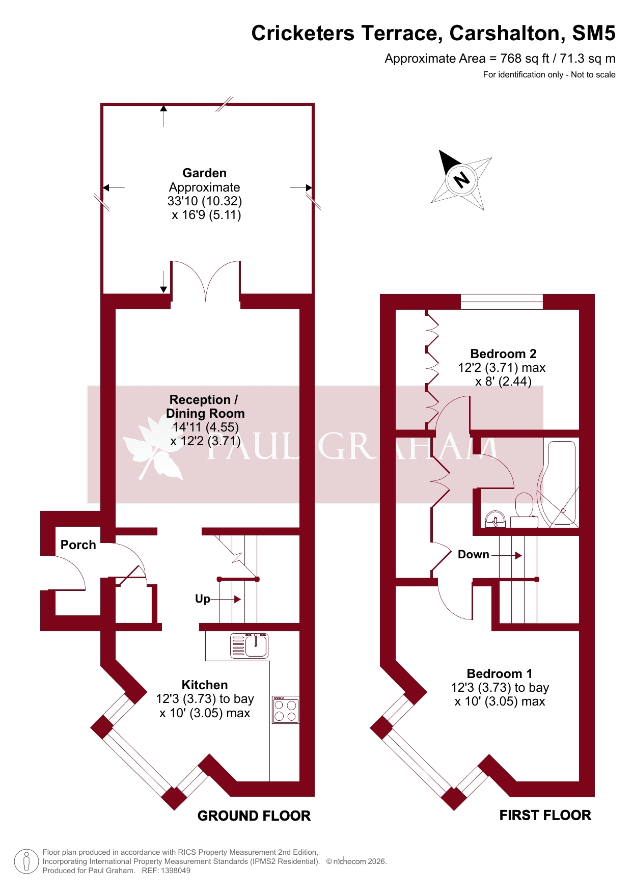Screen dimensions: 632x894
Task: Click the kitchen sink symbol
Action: click(x=250, y=645)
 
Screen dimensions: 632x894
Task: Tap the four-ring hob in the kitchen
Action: click(x=286, y=710)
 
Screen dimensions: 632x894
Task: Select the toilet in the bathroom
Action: click(x=524, y=509)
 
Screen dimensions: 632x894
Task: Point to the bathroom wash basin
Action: click(x=495, y=519)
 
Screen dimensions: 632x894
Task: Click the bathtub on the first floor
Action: click(x=558, y=483)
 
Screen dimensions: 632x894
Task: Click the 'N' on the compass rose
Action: click(x=461, y=179)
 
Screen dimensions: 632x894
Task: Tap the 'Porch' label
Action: click(x=78, y=545)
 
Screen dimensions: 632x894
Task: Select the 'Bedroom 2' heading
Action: click(x=503, y=354)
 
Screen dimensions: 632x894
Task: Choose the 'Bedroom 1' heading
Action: click(x=500, y=673)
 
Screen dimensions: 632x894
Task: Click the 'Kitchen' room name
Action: click(x=205, y=685)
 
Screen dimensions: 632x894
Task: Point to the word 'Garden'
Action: click(x=205, y=173)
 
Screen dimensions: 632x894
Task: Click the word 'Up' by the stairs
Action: click(x=203, y=599)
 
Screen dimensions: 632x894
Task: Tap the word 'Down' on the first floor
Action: click(x=474, y=554)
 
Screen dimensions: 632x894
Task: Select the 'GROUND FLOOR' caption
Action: click(x=254, y=816)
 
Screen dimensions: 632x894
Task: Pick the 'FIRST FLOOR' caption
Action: click(x=545, y=816)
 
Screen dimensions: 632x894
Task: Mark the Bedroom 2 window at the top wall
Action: click(x=502, y=302)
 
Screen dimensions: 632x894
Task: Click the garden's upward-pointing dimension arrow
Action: click(x=163, y=116)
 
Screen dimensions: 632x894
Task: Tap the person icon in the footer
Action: click(x=26, y=862)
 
